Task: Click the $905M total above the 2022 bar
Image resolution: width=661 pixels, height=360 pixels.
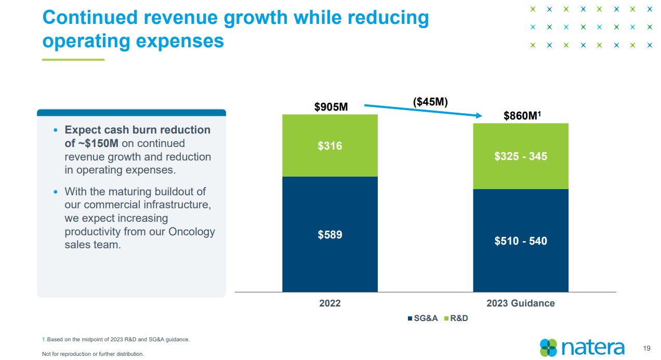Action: click(x=330, y=107)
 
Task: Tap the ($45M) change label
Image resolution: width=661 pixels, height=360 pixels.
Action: click(x=430, y=102)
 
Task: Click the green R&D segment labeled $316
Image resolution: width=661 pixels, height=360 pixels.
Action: click(x=330, y=146)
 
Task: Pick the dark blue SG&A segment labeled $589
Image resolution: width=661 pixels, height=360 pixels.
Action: click(x=330, y=235)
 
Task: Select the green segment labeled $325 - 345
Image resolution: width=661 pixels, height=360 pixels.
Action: click(x=520, y=156)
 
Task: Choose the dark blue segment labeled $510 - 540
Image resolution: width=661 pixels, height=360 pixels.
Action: click(x=520, y=241)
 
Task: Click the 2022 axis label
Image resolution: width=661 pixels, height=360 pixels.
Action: click(x=330, y=303)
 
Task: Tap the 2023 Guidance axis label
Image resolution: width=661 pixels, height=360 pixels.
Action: click(x=520, y=303)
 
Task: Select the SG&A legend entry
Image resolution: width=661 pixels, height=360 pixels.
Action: click(x=423, y=318)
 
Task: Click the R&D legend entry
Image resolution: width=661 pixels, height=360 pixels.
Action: click(x=456, y=318)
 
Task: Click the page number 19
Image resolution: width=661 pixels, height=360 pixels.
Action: click(x=647, y=348)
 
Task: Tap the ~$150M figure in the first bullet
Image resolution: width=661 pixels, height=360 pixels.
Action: click(x=98, y=143)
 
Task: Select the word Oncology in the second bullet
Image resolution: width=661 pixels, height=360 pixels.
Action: click(x=191, y=232)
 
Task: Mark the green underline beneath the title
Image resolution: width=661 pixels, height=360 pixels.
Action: click(x=73, y=60)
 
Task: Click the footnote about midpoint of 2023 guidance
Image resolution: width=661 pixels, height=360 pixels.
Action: click(x=116, y=340)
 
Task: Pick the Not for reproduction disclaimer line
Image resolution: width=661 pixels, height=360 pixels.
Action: click(x=92, y=354)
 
